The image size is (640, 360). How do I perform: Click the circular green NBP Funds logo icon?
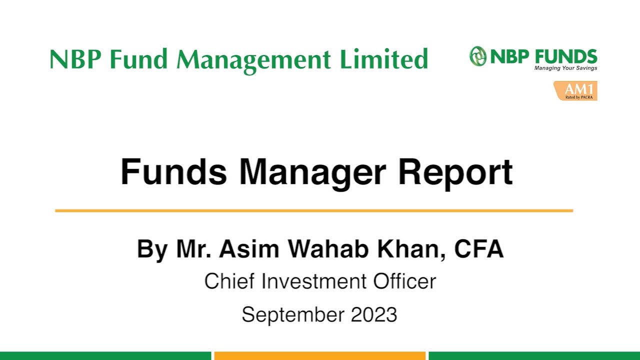[x=478, y=56]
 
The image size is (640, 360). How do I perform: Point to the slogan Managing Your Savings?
[x=565, y=68]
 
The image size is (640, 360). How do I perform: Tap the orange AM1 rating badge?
[x=575, y=90]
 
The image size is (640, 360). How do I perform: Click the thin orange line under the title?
[x=314, y=210]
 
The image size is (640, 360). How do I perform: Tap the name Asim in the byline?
[x=248, y=249]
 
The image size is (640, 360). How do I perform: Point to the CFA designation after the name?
[x=478, y=249]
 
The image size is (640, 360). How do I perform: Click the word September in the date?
[x=293, y=314]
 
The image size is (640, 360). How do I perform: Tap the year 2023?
[x=374, y=314]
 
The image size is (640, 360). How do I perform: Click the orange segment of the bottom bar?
[x=320, y=355]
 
